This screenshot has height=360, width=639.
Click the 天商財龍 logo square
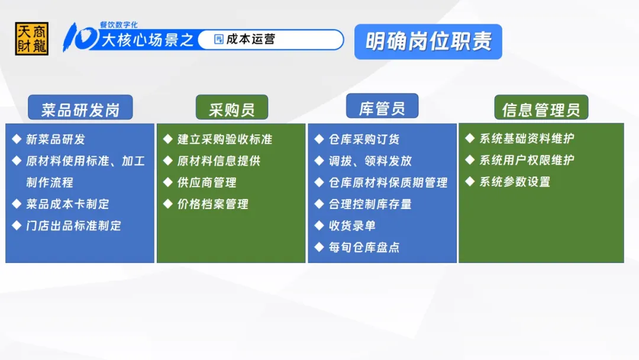[x=32, y=38]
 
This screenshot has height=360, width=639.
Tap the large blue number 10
[x=80, y=37]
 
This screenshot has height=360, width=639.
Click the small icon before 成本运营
[x=219, y=39]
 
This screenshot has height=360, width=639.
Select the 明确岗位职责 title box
[x=428, y=41]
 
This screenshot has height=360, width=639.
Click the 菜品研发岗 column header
[x=80, y=108]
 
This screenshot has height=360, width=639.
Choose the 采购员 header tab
[x=232, y=108]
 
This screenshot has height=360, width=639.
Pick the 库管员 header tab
[x=382, y=107]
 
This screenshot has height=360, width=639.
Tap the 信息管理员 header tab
[x=541, y=108]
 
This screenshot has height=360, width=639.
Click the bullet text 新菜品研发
[x=56, y=139]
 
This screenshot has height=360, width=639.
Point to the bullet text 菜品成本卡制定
[x=67, y=204]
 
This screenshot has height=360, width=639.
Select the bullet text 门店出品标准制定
[x=74, y=226]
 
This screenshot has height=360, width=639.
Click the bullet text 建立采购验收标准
[x=225, y=139]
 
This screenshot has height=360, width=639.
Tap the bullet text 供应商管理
[x=207, y=182]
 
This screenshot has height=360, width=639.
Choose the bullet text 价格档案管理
[x=213, y=204]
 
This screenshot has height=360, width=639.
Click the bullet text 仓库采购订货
[x=364, y=139]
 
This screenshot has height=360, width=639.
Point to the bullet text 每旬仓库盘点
[x=364, y=247]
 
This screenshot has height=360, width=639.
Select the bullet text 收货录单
[x=352, y=226]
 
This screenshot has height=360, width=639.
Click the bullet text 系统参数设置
[x=515, y=181]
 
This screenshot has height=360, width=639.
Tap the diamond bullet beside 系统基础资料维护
[x=470, y=138]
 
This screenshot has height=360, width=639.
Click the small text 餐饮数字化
[x=118, y=25]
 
